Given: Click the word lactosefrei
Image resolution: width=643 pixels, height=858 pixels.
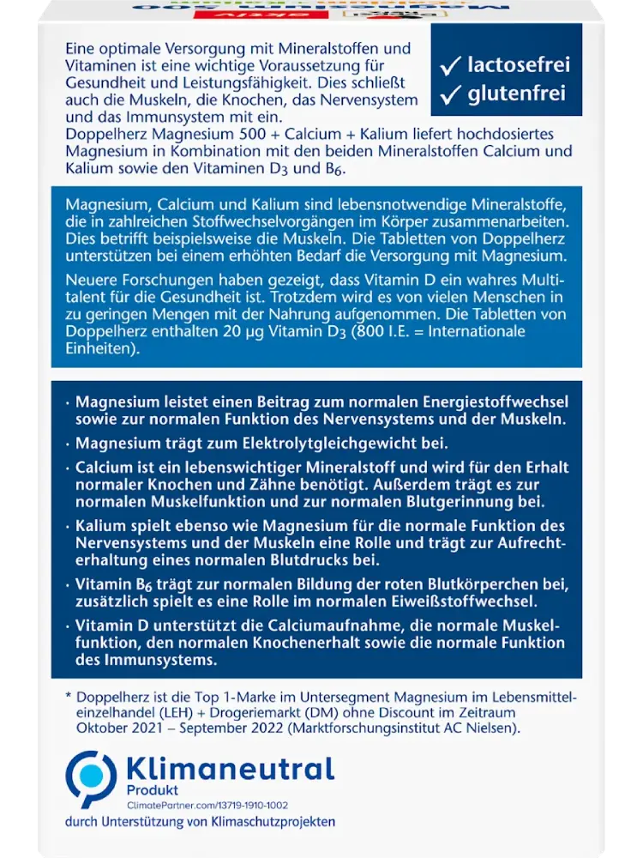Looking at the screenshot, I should [519, 64].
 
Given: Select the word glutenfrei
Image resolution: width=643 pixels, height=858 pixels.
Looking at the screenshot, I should [517, 95].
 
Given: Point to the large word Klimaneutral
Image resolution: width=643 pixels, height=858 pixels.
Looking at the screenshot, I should [230, 767].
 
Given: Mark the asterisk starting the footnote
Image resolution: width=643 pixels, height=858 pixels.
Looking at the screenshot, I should [69, 696].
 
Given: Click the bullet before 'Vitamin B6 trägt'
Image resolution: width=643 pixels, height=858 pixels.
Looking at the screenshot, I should [68, 583].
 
